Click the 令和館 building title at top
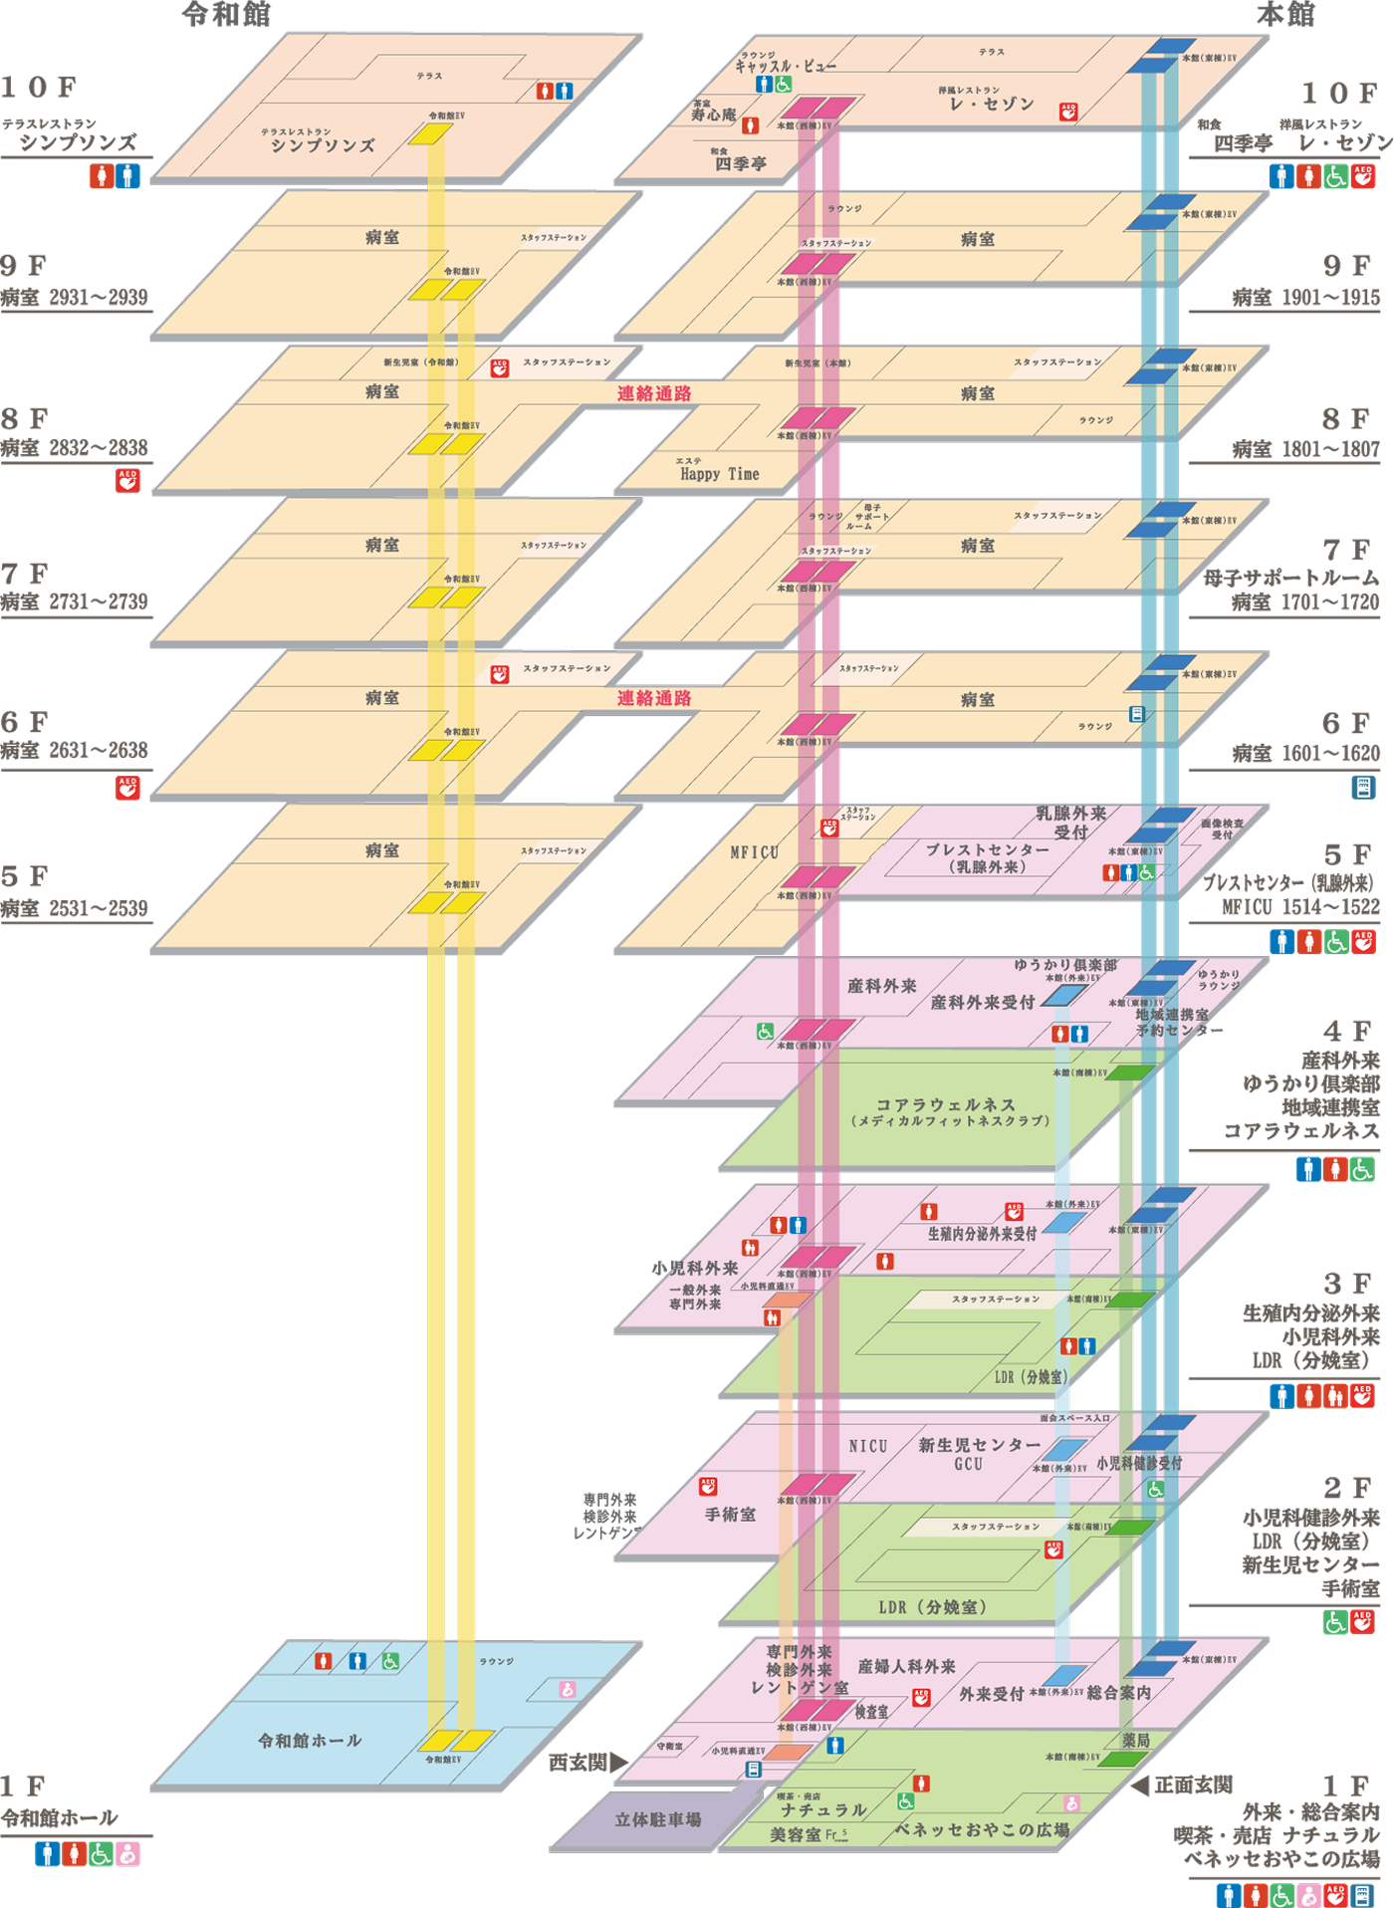click(x=226, y=14)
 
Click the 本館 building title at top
click(x=1284, y=14)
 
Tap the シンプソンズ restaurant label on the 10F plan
click(x=323, y=145)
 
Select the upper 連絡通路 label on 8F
click(x=653, y=393)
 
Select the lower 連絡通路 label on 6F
click(x=653, y=698)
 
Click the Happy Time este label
click(x=719, y=474)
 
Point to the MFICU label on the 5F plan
click(x=754, y=852)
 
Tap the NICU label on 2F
click(x=867, y=1446)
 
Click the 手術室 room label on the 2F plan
click(x=730, y=1514)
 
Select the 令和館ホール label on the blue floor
click(x=310, y=1741)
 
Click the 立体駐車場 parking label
click(x=657, y=1819)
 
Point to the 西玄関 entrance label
click(x=579, y=1762)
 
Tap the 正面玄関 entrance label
click(x=1193, y=1785)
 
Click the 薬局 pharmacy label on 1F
click(x=1136, y=1740)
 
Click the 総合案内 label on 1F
click(x=1118, y=1692)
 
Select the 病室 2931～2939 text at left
click(x=75, y=297)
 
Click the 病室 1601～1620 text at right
click(x=1305, y=754)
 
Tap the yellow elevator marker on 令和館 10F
click(x=429, y=133)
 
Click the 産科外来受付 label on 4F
click(x=982, y=1002)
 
